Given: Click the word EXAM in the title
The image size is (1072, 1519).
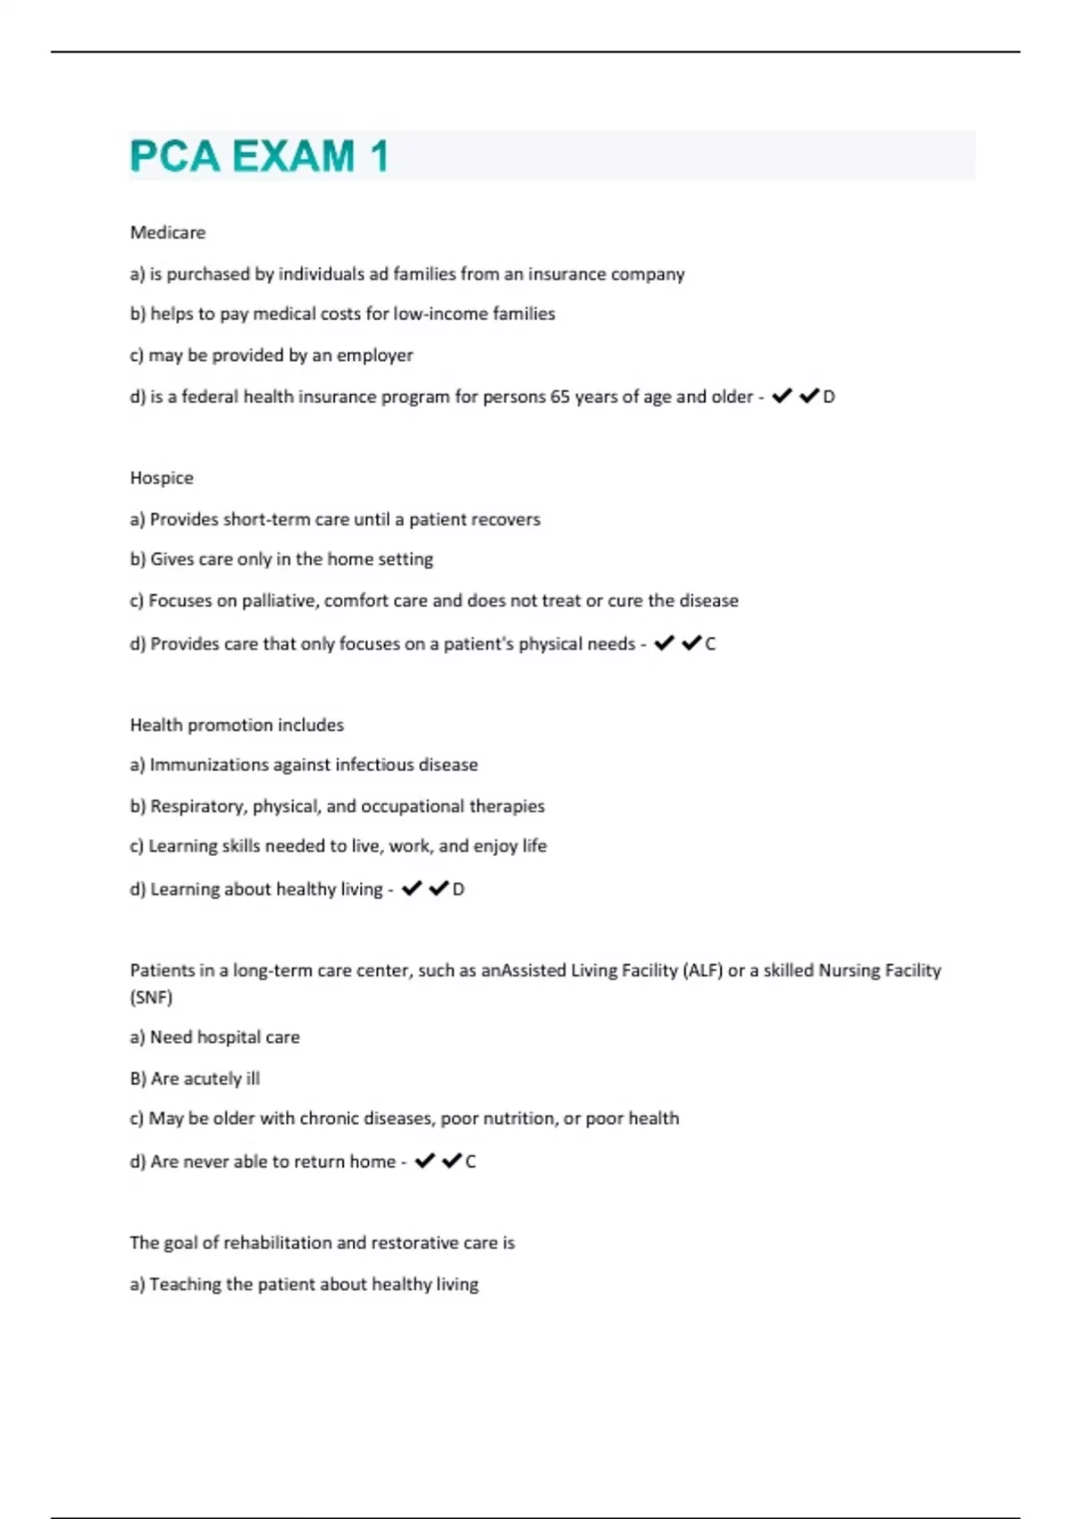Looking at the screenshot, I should click(x=293, y=156).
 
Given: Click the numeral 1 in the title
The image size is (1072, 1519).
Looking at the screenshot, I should click(x=380, y=156).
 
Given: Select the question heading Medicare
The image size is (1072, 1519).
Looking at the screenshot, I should click(x=168, y=232).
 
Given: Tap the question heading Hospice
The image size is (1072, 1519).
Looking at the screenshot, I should click(x=162, y=478).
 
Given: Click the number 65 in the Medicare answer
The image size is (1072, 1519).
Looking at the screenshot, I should click(x=560, y=397).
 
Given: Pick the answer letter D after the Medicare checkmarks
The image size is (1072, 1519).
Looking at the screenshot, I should click(x=829, y=397).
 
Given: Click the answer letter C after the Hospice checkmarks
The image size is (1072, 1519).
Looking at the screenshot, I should click(x=710, y=644).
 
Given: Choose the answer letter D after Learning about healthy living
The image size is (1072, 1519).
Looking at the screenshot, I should click(x=458, y=890).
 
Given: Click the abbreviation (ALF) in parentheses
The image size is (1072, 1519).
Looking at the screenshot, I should click(x=702, y=970).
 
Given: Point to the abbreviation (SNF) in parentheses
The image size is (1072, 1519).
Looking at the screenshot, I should click(x=151, y=997).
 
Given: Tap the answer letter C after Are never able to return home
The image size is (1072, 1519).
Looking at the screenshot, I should click(x=471, y=1162).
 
